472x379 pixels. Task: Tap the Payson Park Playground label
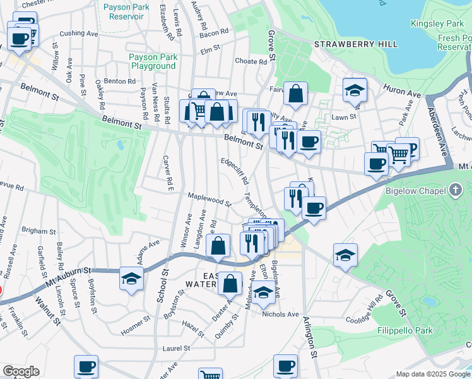click(152, 61)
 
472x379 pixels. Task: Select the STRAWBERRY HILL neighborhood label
click(356, 44)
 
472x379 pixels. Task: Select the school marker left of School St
click(131, 279)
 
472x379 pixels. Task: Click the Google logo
click(21, 371)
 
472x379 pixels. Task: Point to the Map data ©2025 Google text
click(433, 374)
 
